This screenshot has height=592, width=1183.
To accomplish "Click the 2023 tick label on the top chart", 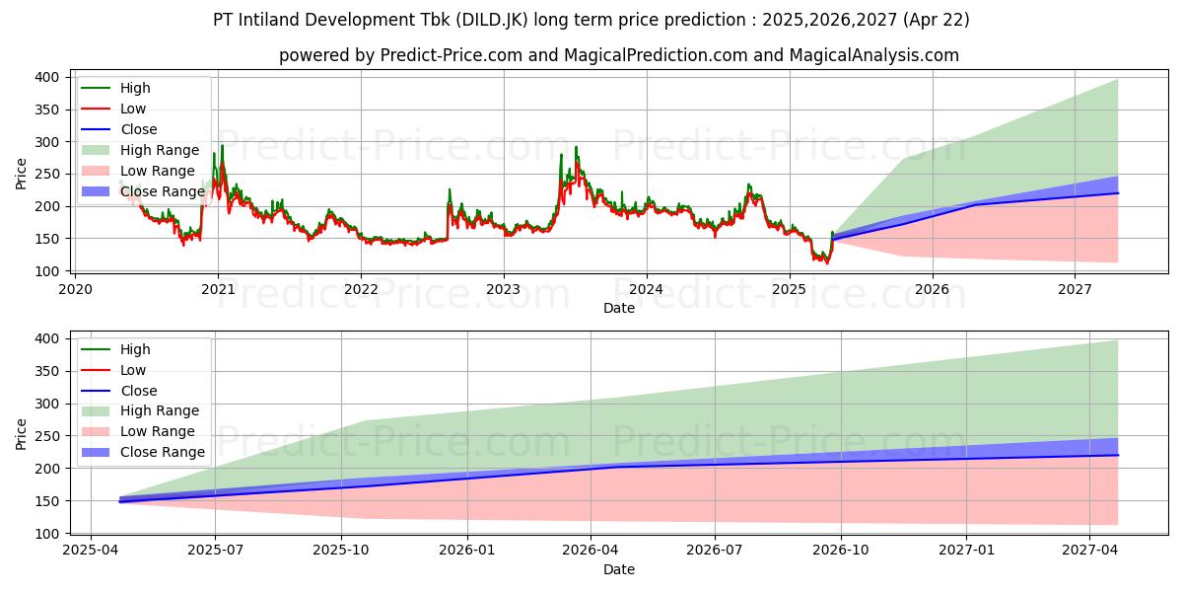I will pyautogui.click(x=504, y=289).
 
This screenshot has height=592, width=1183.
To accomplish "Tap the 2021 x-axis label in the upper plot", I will pyautogui.click(x=218, y=289).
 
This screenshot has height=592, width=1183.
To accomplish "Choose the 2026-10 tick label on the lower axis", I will pyautogui.click(x=841, y=551).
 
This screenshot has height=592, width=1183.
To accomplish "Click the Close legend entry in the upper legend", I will pyautogui.click(x=139, y=129).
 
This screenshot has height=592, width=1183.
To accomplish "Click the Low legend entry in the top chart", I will pyautogui.click(x=133, y=109).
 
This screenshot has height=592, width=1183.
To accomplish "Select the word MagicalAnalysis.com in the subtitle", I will pyautogui.click(x=873, y=55).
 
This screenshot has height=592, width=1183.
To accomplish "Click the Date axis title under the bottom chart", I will pyautogui.click(x=618, y=569).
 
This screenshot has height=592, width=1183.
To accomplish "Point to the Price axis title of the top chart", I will pyautogui.click(x=22, y=174).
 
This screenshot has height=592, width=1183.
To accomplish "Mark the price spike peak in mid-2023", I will pyautogui.click(x=577, y=147).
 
